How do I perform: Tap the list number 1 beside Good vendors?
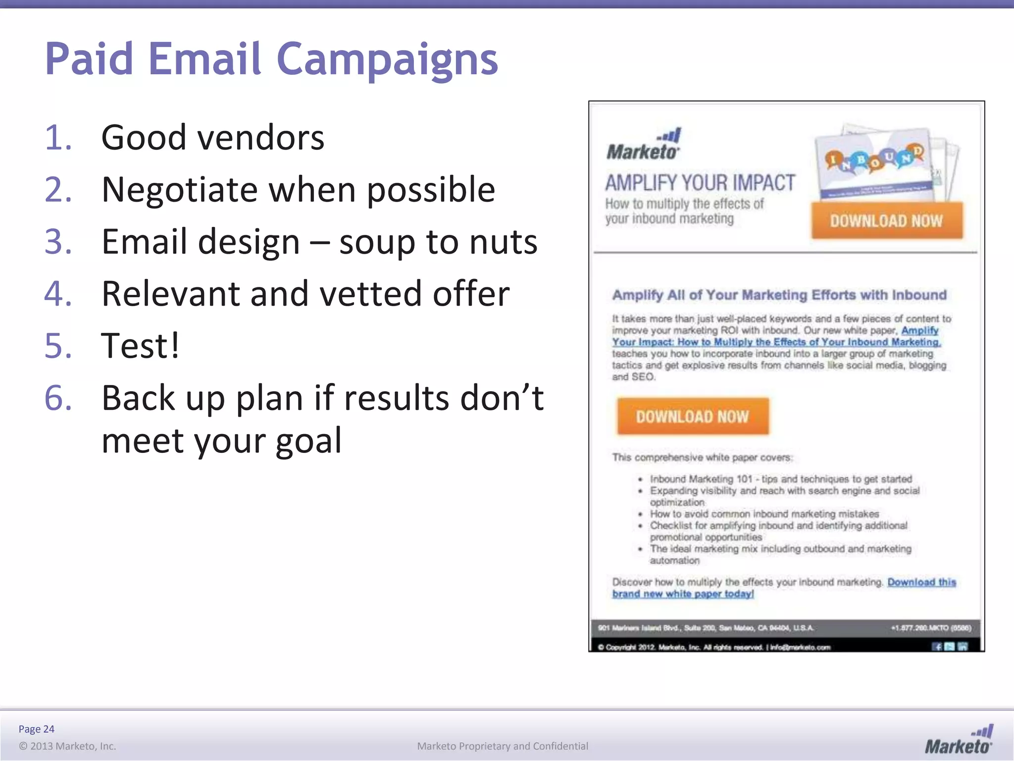coord(58,138)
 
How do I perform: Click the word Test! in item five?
coord(140,346)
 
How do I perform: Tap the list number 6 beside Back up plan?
coord(58,398)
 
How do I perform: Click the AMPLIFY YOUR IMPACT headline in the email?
coord(700,183)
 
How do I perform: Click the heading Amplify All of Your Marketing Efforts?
coord(779,295)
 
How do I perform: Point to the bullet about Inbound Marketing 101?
coord(780,479)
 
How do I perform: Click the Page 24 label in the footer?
coord(36,729)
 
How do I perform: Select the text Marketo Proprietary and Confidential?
coord(502,746)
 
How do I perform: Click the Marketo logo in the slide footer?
coord(959,740)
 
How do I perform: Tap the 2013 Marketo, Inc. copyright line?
coord(67,746)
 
